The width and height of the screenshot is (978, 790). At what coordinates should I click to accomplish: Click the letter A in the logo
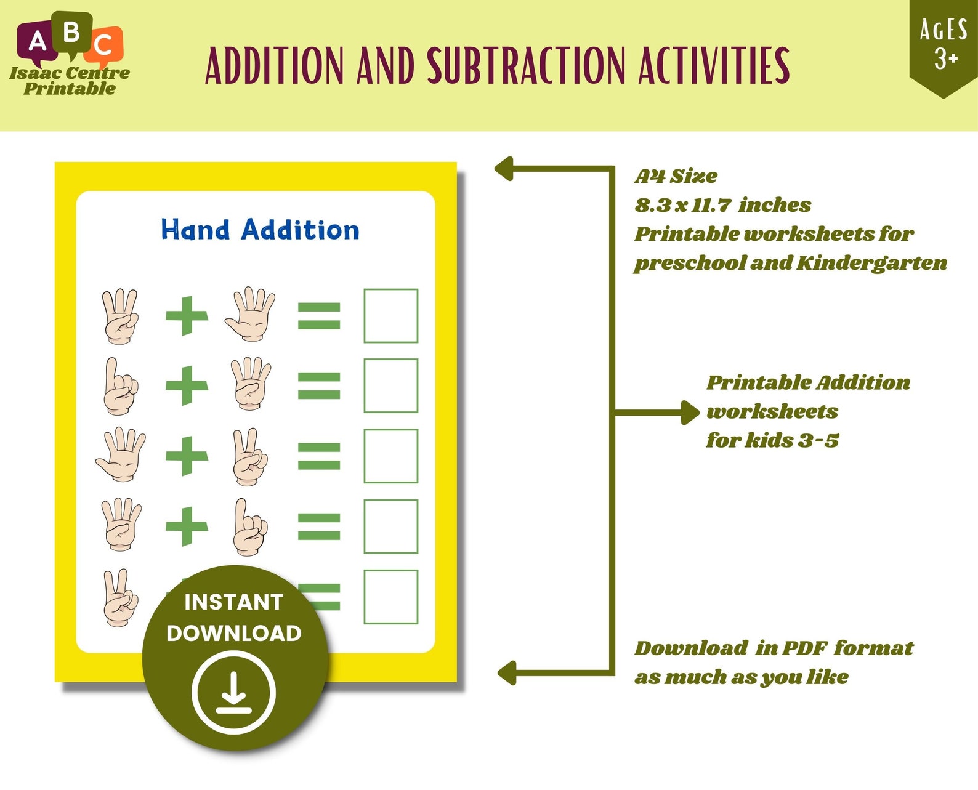pyautogui.click(x=37, y=42)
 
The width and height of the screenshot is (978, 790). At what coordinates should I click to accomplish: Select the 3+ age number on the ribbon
pyautogui.click(x=947, y=59)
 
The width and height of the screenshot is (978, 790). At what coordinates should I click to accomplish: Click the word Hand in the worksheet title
pyautogui.click(x=195, y=230)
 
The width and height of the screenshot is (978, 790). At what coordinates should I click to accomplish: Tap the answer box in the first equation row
pyautogui.click(x=390, y=315)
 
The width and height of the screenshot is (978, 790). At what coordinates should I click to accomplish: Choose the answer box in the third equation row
pyautogui.click(x=390, y=456)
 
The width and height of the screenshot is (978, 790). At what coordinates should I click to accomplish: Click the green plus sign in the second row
pyautogui.click(x=187, y=385)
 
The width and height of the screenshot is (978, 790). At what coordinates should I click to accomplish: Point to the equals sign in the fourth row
pyautogui.click(x=319, y=526)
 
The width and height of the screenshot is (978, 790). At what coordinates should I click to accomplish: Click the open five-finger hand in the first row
pyautogui.click(x=250, y=314)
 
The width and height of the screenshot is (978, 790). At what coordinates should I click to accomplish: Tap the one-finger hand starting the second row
pyautogui.click(x=120, y=387)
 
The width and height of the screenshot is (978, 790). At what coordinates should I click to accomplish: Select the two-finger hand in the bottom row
pyautogui.click(x=120, y=598)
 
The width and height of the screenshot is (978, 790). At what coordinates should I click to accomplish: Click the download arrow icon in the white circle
pyautogui.click(x=233, y=692)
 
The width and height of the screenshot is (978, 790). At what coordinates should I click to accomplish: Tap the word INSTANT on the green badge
pyautogui.click(x=233, y=602)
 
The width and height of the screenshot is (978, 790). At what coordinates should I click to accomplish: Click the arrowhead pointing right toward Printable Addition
pyautogui.click(x=690, y=412)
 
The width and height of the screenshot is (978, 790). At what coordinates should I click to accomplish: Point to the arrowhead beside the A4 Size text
pyautogui.click(x=503, y=169)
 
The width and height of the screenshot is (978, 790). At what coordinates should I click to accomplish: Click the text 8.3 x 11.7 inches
pyautogui.click(x=722, y=204)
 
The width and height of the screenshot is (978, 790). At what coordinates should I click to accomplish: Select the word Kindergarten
pyautogui.click(x=872, y=263)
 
